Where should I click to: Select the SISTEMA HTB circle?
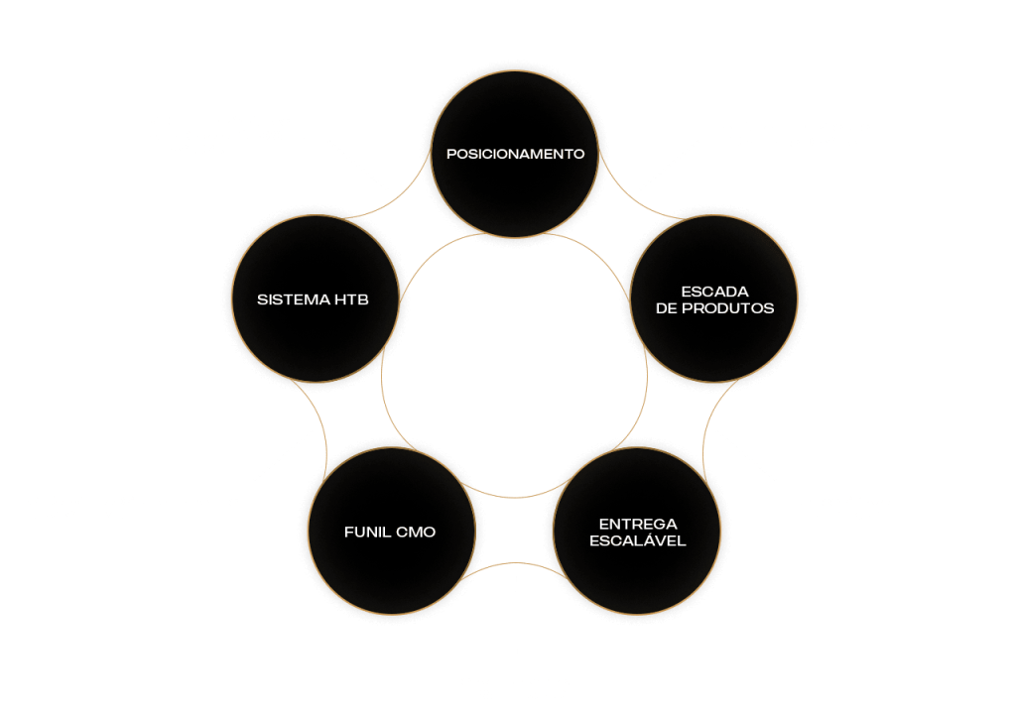tap(314, 298)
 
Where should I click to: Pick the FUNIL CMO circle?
tap(390, 533)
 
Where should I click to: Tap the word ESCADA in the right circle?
tap(714, 291)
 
